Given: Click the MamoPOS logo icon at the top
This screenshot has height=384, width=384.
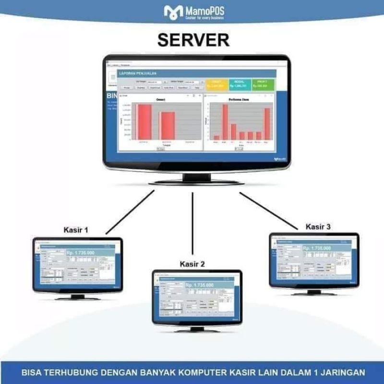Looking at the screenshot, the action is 173,12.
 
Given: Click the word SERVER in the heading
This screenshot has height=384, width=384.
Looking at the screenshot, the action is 193,40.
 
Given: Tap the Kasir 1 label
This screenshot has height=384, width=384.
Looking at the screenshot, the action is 76,230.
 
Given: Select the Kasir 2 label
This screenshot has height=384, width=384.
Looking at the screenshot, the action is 192,264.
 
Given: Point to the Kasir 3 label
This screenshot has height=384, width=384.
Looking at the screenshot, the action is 318,227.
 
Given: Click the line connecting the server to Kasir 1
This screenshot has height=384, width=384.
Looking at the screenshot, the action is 130,212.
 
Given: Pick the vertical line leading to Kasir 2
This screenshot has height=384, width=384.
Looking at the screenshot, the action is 192,223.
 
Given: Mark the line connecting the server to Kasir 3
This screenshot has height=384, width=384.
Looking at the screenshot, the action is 269,210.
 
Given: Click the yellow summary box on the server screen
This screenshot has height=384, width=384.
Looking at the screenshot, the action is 217,84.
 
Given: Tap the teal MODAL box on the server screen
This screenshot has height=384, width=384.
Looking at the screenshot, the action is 240,84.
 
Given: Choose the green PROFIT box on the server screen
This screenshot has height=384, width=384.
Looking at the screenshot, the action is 262,84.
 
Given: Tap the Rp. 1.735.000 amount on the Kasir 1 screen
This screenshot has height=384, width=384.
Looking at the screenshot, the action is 80,252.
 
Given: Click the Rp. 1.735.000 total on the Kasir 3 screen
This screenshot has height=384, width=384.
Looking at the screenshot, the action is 317,248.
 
